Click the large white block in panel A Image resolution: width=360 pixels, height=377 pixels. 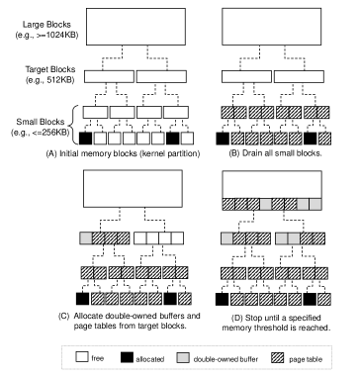coord(135,27)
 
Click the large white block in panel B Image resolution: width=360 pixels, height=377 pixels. coord(272,27)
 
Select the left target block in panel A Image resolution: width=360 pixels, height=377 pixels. coord(109,76)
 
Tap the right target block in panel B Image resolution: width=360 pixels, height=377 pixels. coord(299,76)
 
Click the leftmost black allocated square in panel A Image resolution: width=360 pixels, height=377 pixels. coord(86,139)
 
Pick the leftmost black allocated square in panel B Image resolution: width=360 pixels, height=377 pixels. coord(223,139)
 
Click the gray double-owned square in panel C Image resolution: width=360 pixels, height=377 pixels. coord(86,237)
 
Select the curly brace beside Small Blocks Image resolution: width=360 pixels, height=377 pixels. coord(73,125)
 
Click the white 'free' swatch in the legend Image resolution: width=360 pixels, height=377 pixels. coord(82,356)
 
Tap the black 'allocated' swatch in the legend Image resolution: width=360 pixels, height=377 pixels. coord(127,357)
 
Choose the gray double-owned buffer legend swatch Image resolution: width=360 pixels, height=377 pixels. coord(183,357)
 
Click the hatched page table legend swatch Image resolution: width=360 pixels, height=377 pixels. coord(277,357)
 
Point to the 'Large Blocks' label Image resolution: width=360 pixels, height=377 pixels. coord(46,25)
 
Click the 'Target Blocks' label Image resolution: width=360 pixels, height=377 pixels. coord(50,69)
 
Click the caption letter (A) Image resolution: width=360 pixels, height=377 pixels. coord(51,153)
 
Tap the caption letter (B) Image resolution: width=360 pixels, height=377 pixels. coord(234,153)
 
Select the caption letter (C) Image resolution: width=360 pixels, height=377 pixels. coord(64,316)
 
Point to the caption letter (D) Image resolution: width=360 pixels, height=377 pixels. coord(237,319)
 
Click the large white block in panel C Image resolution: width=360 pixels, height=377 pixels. coord(133,189)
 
